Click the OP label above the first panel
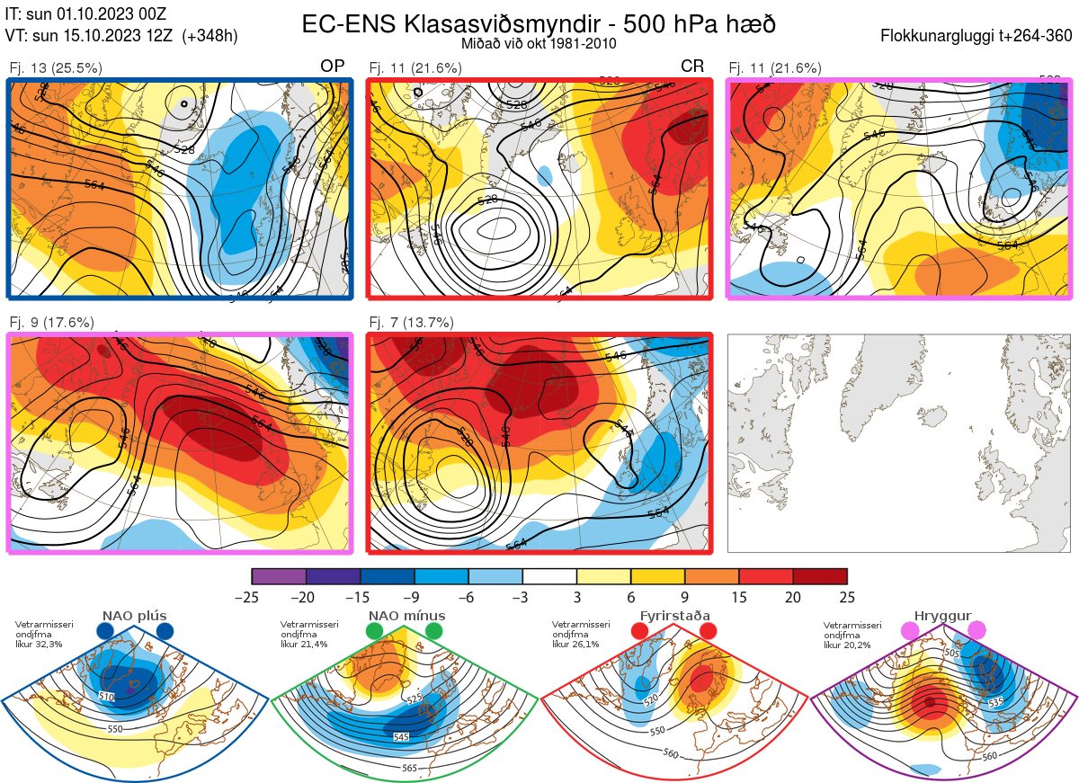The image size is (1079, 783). tap(333, 67)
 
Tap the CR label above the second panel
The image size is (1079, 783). tap(692, 67)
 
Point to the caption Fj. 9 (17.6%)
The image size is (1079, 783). tap(51, 322)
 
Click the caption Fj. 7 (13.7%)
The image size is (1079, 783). tap(411, 322)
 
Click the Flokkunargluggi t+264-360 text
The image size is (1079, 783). tap(978, 36)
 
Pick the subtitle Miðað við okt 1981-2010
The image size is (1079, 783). tap(539, 43)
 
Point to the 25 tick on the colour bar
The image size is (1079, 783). tap(846, 597)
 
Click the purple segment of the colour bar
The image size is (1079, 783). tap(279, 576)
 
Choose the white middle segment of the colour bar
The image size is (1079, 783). tap(549, 576)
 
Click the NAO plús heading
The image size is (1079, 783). tap(135, 616)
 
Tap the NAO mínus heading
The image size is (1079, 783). tap(406, 616)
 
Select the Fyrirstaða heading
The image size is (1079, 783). tap(674, 616)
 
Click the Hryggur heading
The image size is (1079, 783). tap(942, 616)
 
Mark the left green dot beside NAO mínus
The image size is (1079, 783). tap(375, 631)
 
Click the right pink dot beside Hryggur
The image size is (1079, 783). tap(976, 631)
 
